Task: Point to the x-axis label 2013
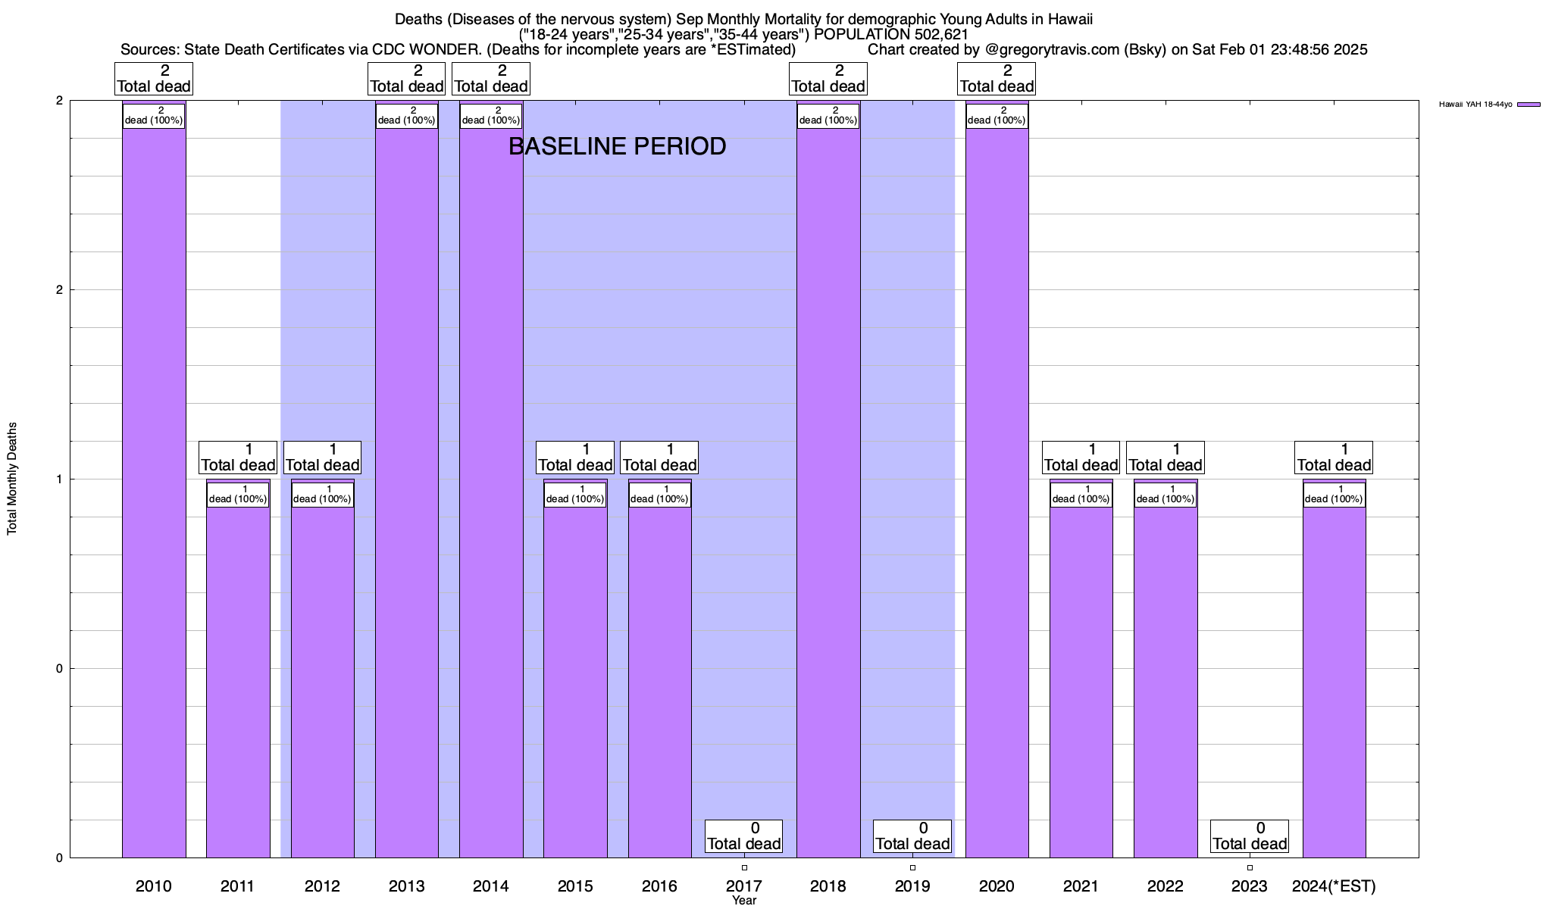pos(406,886)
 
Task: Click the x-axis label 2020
pos(997,886)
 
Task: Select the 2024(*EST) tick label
pos(1334,886)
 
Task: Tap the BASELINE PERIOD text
pos(617,146)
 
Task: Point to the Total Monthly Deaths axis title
pos(12,479)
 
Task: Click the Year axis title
pos(744,901)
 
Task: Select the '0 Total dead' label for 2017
pos(743,836)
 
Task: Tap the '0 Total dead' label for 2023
pos(1250,836)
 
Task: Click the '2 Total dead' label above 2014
pos(491,79)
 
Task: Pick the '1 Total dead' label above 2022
pos(1166,458)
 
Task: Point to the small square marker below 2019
pos(912,867)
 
